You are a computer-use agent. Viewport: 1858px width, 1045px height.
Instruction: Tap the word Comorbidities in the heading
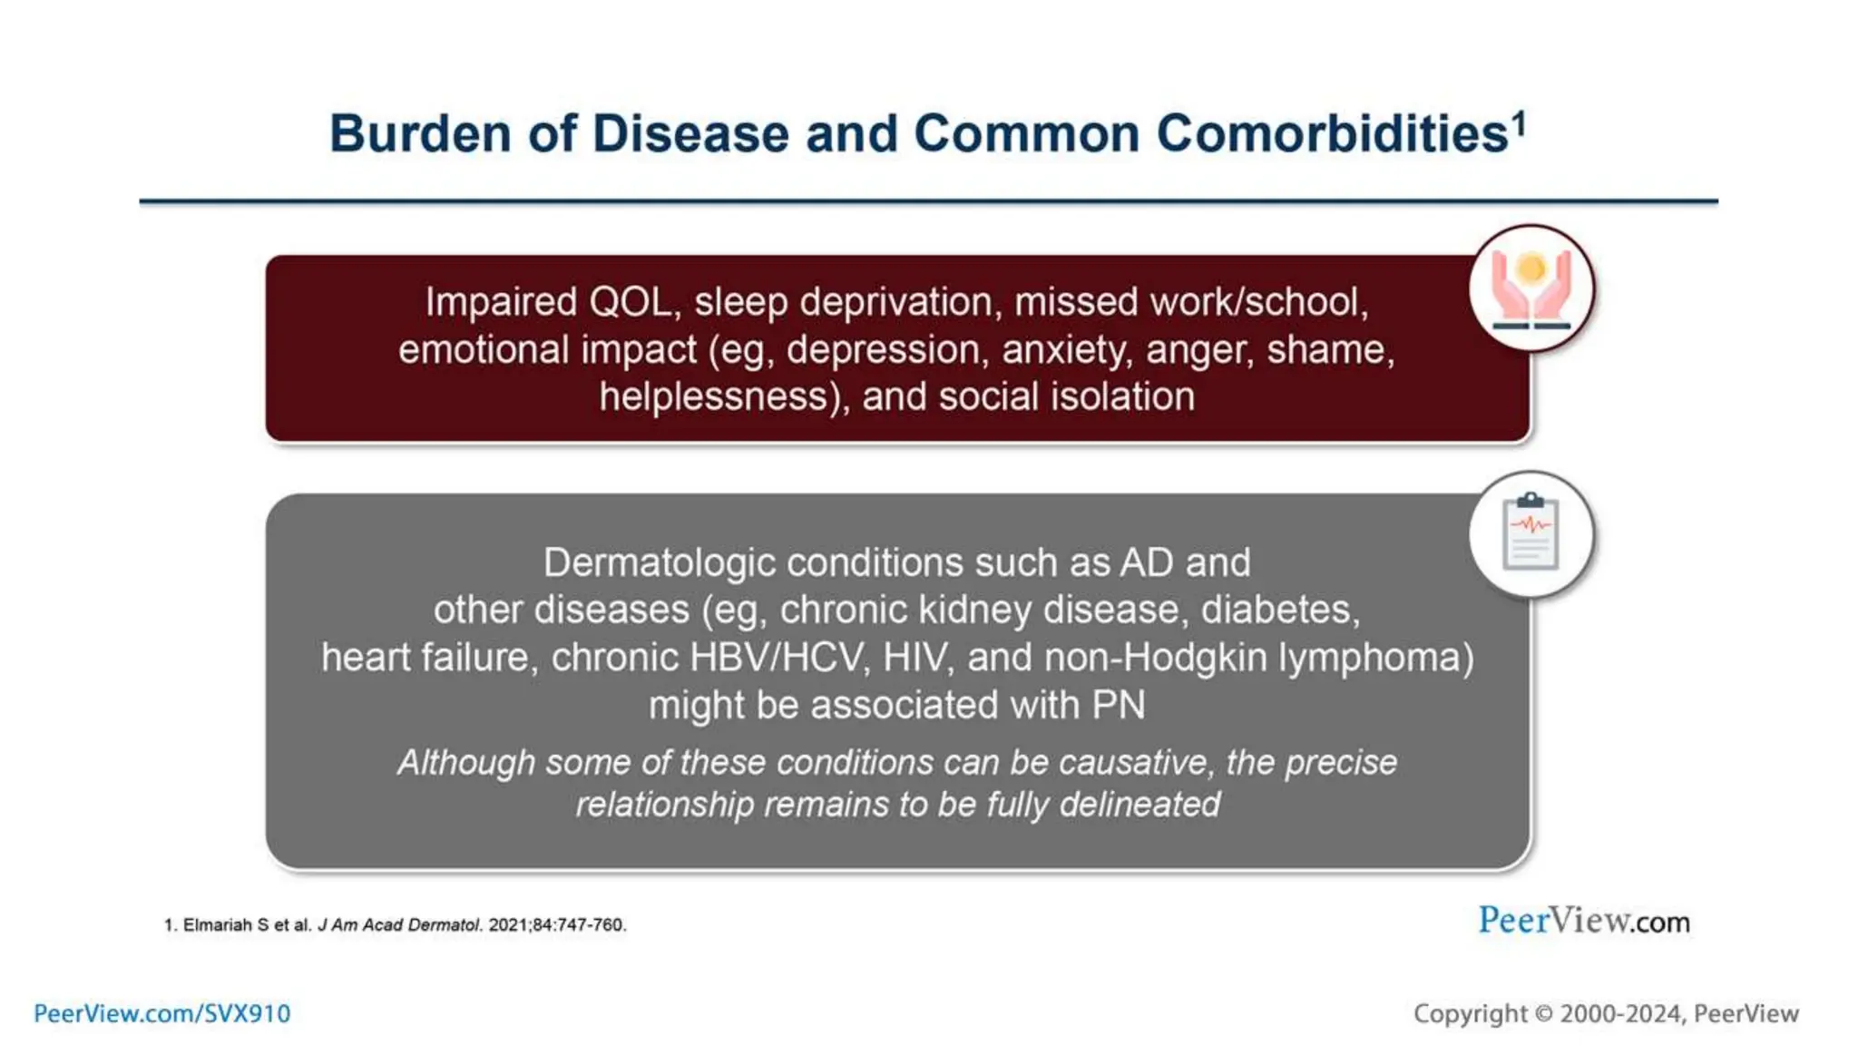tap(1332, 134)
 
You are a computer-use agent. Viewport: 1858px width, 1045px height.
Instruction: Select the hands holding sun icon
tap(1531, 288)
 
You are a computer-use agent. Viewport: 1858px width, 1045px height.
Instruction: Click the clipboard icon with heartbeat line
tap(1531, 534)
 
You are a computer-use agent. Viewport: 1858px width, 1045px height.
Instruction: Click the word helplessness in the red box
tap(721, 397)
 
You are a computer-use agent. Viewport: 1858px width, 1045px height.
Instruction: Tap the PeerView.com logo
tap(1583, 921)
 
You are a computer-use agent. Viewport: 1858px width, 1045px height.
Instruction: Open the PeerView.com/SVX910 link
tap(161, 1014)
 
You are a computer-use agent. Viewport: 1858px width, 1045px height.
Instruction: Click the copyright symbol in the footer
tap(1543, 1014)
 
